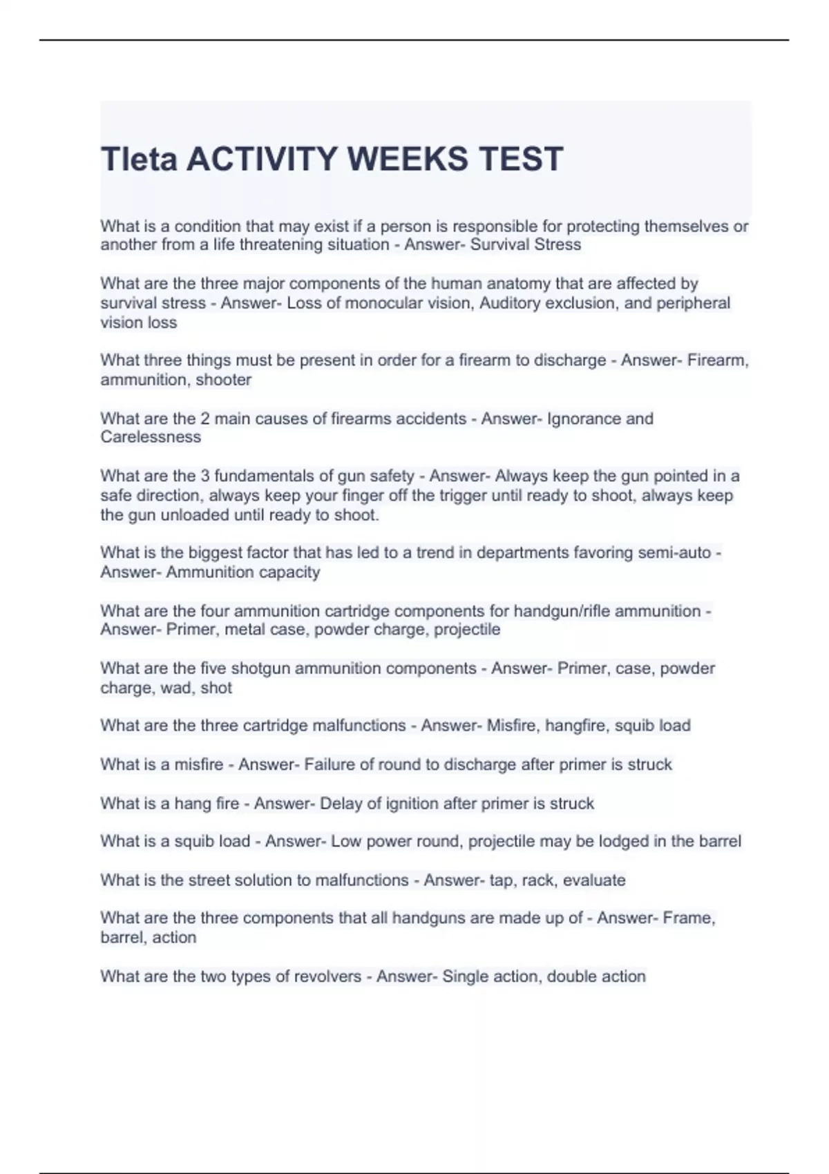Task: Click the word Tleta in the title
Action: (140, 160)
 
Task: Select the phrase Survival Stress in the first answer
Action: (526, 245)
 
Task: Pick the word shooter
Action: (223, 380)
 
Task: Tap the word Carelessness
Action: (151, 437)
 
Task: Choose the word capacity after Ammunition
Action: (287, 572)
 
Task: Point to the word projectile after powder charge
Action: (467, 630)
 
